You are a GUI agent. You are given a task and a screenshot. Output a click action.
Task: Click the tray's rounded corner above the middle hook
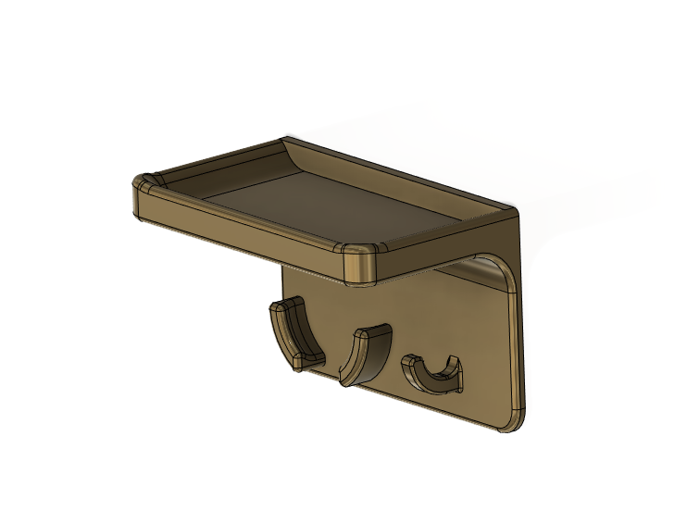[x=361, y=263]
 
